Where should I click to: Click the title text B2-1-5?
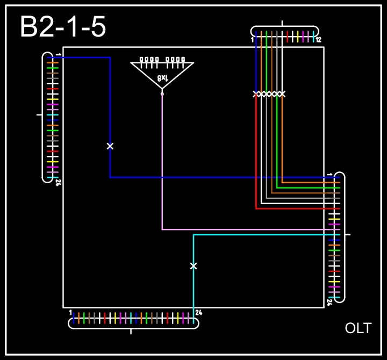pos(63,27)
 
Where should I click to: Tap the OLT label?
pos(358,328)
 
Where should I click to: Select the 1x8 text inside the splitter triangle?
pos(163,78)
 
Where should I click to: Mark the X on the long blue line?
pos(110,146)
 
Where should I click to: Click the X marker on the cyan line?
pos(193,266)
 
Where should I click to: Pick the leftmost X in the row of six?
pos(256,94)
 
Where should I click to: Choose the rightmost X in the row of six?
pos(282,94)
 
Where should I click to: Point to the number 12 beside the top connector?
pos(318,40)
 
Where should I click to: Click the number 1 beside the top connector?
pos(252,40)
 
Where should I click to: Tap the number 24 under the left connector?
pos(58,183)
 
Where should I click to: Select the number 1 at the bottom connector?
pos(70,312)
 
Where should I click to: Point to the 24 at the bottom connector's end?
pos(198,312)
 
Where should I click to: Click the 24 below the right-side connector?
pos(329,302)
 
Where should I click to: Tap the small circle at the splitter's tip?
pos(162,93)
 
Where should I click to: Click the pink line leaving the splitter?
pos(162,161)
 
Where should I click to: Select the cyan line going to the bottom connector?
pos(193,290)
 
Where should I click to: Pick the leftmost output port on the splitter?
pos(141,60)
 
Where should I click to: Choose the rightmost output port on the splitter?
pos(183,60)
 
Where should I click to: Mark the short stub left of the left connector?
pos(39,114)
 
